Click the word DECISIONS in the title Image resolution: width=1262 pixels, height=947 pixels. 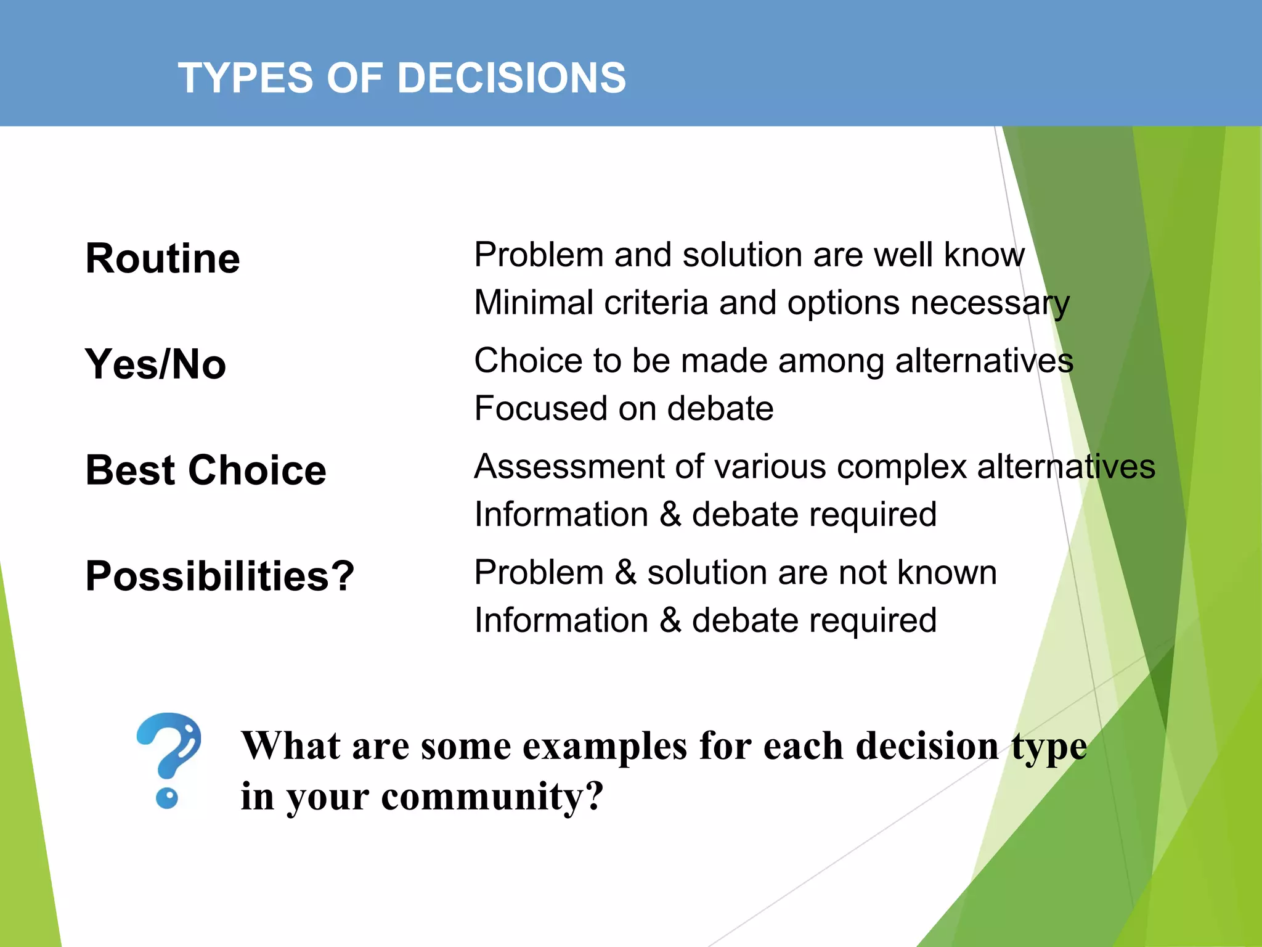pyautogui.click(x=511, y=78)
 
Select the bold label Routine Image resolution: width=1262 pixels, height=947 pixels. pyautogui.click(x=163, y=258)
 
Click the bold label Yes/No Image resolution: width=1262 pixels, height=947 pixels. pyautogui.click(x=155, y=364)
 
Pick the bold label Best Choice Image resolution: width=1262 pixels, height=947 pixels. pyautogui.click(x=206, y=470)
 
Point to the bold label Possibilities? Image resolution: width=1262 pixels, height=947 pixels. pyautogui.click(x=220, y=576)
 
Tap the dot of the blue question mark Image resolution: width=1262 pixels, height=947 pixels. pyautogui.click(x=167, y=798)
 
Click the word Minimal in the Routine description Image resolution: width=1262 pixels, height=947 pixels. pyautogui.click(x=534, y=303)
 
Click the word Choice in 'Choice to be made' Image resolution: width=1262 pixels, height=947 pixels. pyautogui.click(x=528, y=361)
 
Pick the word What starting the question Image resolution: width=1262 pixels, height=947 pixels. pyautogui.click(x=290, y=745)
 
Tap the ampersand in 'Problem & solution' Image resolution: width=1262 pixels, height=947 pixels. pyautogui.click(x=625, y=572)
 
